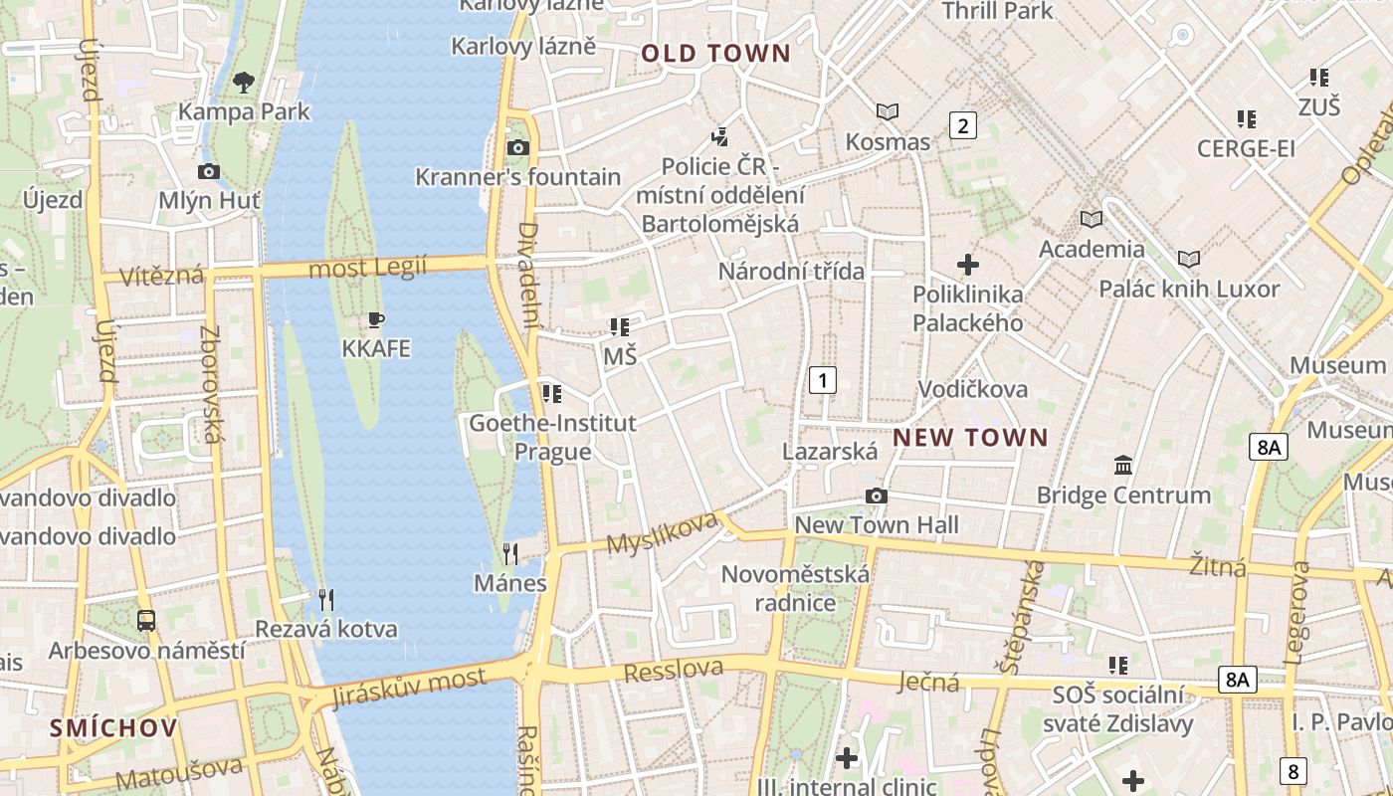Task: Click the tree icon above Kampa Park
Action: click(x=244, y=82)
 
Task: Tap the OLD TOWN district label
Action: click(x=715, y=54)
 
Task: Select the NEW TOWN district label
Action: click(x=970, y=438)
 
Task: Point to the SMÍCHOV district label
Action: click(x=113, y=727)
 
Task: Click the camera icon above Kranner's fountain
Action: click(x=517, y=148)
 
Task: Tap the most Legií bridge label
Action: click(x=367, y=268)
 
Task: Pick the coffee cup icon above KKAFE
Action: click(x=375, y=319)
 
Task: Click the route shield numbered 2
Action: click(x=962, y=125)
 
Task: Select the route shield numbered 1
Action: click(x=822, y=379)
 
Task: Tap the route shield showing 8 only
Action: click(x=1293, y=770)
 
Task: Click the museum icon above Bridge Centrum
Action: click(x=1123, y=465)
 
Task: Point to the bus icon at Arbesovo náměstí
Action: click(x=146, y=621)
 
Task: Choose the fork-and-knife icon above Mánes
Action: click(x=510, y=554)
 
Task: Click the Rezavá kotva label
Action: click(x=326, y=629)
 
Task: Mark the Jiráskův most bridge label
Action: click(x=409, y=688)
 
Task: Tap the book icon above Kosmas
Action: click(x=887, y=111)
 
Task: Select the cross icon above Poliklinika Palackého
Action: click(x=967, y=265)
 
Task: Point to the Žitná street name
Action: click(x=1218, y=567)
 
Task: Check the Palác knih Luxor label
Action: click(x=1188, y=290)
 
